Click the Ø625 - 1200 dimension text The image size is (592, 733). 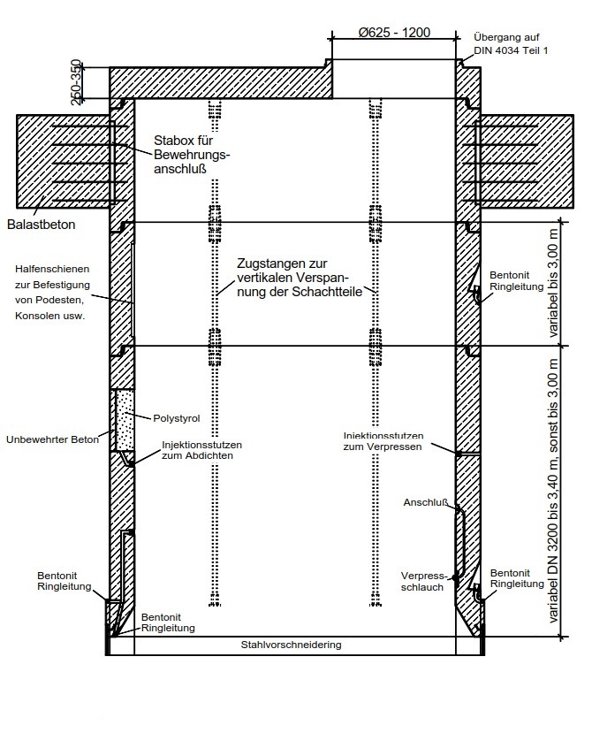coord(394,33)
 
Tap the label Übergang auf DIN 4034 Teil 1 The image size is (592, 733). coord(511,44)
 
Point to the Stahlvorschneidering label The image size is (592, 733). coord(291,645)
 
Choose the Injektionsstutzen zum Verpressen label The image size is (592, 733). coord(383,441)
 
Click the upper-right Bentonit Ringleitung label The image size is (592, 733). coord(516,281)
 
